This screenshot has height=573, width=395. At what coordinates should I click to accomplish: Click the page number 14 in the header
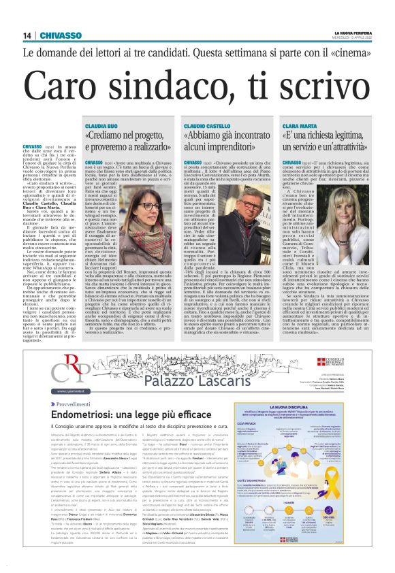[27, 35]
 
